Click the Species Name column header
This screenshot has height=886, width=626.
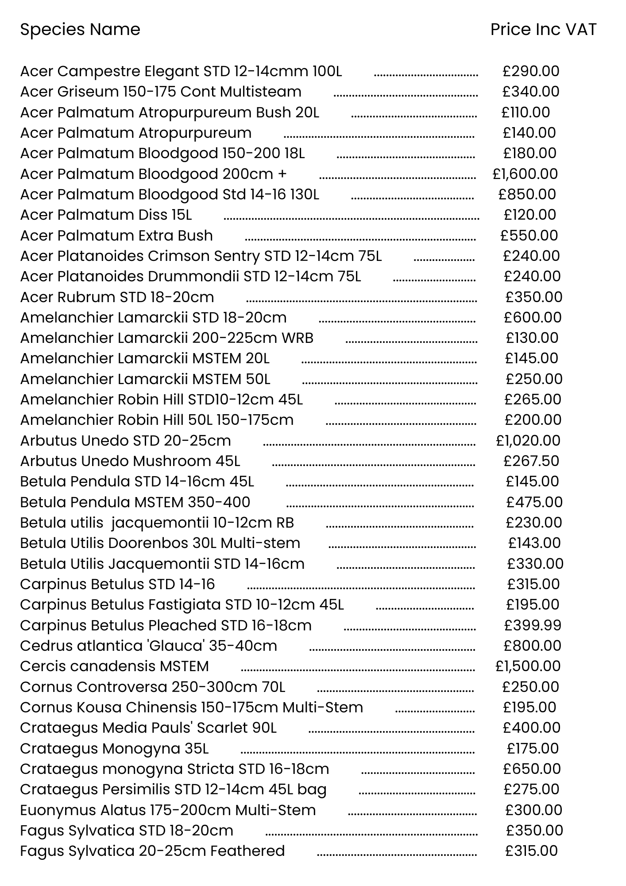pos(80,30)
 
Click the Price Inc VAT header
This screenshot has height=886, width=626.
pos(543,30)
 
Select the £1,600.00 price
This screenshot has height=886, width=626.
pos(525,174)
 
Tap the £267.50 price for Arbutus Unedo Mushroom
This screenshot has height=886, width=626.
pos(531,461)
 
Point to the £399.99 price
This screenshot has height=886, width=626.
pos(533,626)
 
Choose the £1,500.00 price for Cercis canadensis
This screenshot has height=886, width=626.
pos(528,666)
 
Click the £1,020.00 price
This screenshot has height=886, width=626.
pos(528,441)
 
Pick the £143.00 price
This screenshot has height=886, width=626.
pos(534,543)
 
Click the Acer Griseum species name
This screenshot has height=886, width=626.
pos(161,92)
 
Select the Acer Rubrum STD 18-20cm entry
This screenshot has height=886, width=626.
pos(117,297)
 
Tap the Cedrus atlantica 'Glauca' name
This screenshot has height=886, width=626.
pos(148,646)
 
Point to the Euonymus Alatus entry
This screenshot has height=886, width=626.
pos(168,810)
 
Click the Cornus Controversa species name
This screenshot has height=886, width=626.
pos(152,687)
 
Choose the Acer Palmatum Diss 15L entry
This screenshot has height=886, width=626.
pos(106,215)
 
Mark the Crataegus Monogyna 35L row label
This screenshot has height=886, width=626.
pos(114,749)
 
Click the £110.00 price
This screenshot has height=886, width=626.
pos(526,113)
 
